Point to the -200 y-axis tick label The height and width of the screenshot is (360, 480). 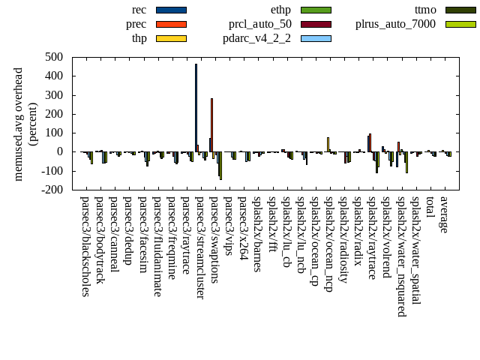click(53, 190)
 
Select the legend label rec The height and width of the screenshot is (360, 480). click(139, 10)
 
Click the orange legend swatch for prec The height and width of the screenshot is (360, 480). click(171, 24)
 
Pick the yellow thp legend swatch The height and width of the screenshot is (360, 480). click(171, 38)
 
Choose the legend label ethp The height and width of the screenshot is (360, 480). click(280, 10)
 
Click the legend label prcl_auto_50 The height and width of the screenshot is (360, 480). click(260, 24)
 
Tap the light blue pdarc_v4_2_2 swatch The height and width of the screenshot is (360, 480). click(316, 38)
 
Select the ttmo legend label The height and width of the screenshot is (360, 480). click(425, 10)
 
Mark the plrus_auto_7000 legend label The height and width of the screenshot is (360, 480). click(394, 24)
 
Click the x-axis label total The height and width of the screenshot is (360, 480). click(430, 208)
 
